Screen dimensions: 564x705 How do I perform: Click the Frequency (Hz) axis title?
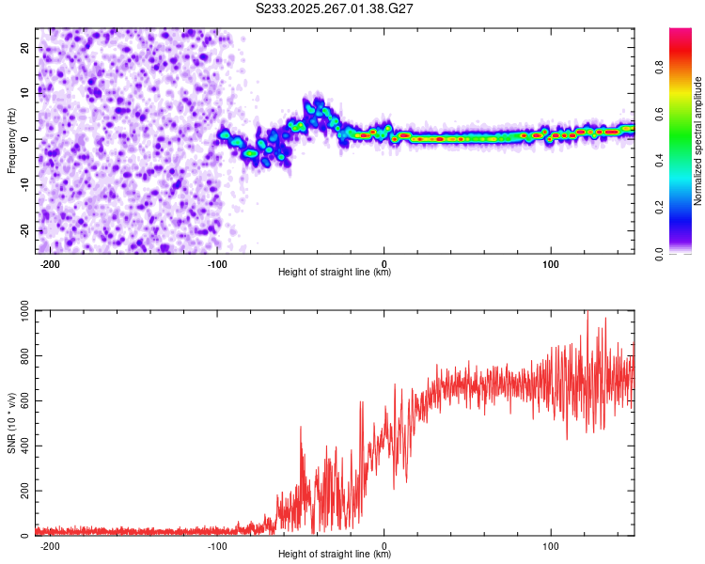[11, 140]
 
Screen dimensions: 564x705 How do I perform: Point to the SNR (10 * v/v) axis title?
[11, 423]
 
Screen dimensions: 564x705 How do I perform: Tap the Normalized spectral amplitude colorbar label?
[698, 140]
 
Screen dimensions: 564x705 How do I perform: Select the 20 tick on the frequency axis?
[25, 47]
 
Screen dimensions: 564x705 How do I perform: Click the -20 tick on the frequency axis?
[23, 231]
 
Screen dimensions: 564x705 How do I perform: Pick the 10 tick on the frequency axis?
[25, 93]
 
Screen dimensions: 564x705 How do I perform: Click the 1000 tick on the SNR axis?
[19, 312]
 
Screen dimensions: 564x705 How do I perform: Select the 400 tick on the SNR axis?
[22, 446]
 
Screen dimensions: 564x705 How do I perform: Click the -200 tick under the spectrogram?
[51, 262]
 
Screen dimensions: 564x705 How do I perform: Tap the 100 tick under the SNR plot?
[551, 545]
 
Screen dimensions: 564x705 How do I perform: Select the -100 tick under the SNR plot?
[217, 545]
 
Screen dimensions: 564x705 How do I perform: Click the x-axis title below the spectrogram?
[335, 273]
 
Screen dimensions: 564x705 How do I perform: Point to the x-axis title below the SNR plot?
[335, 555]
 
